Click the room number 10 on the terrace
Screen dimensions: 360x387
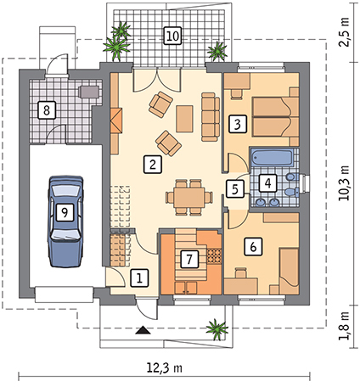pyautogui.click(x=172, y=36)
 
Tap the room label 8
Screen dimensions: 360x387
pyautogui.click(x=47, y=110)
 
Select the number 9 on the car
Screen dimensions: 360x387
pyautogui.click(x=65, y=212)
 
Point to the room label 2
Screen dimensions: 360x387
pyautogui.click(x=153, y=164)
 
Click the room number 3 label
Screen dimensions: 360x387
pyautogui.click(x=238, y=124)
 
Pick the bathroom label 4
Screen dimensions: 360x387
pyautogui.click(x=268, y=183)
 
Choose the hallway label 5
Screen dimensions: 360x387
pyautogui.click(x=235, y=188)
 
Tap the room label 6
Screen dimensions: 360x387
pyautogui.click(x=253, y=246)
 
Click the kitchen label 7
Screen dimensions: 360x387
pyautogui.click(x=189, y=259)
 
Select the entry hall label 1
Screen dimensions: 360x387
pyautogui.click(x=139, y=278)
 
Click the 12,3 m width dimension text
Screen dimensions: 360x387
pyautogui.click(x=165, y=367)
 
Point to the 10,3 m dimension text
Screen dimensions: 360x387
pyautogui.click(x=343, y=183)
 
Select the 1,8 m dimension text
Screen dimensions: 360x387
pyautogui.click(x=343, y=327)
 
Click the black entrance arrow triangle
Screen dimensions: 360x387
pyautogui.click(x=143, y=330)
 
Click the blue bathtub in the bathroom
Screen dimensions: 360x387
pyautogui.click(x=272, y=158)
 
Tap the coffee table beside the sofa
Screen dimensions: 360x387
pyautogui.click(x=184, y=119)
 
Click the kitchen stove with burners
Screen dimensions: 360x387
pyautogui.click(x=214, y=255)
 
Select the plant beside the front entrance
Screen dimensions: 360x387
pyautogui.click(x=217, y=329)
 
